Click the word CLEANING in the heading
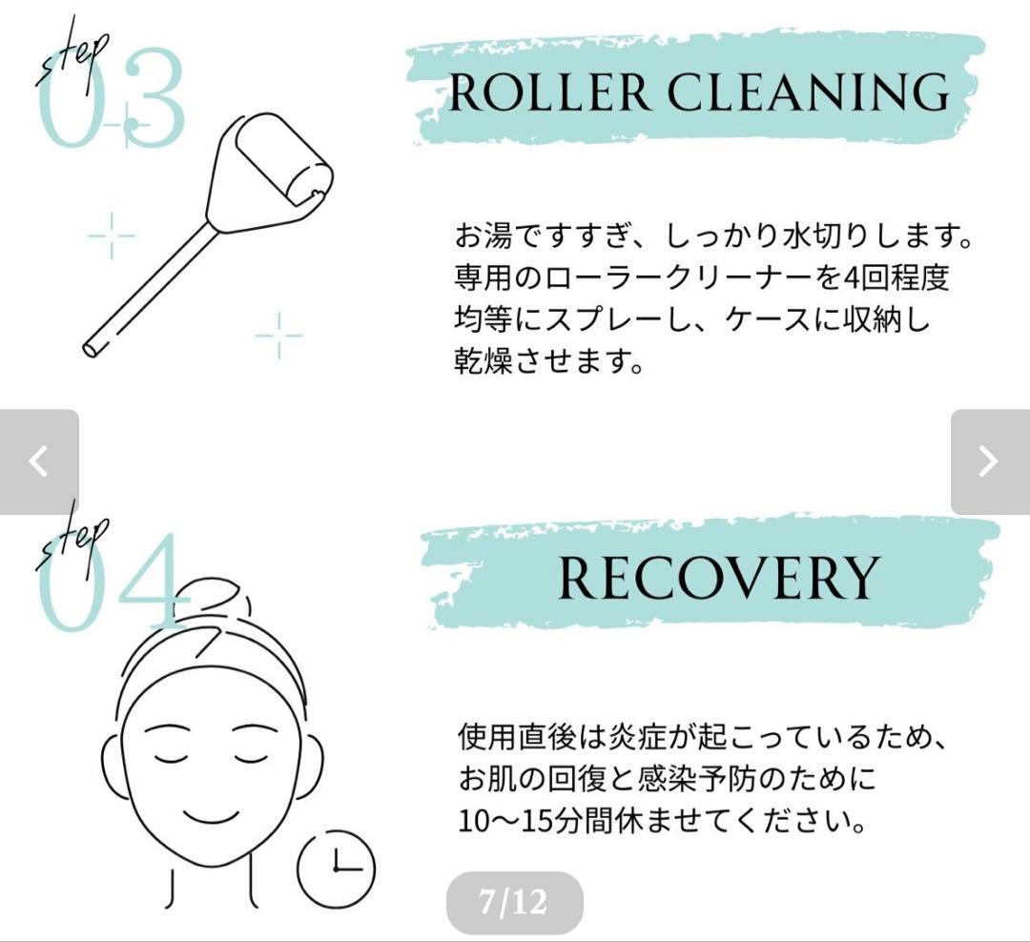coord(808,92)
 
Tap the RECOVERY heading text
coord(716,577)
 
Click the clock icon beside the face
coord(337,868)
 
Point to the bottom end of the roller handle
coord(92,348)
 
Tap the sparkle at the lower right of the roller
coord(278,335)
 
